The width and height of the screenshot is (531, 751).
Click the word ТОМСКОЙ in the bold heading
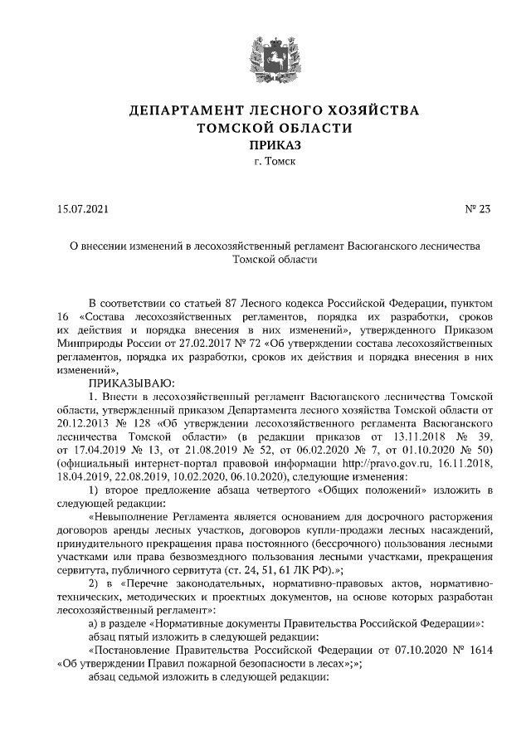tap(231, 128)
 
